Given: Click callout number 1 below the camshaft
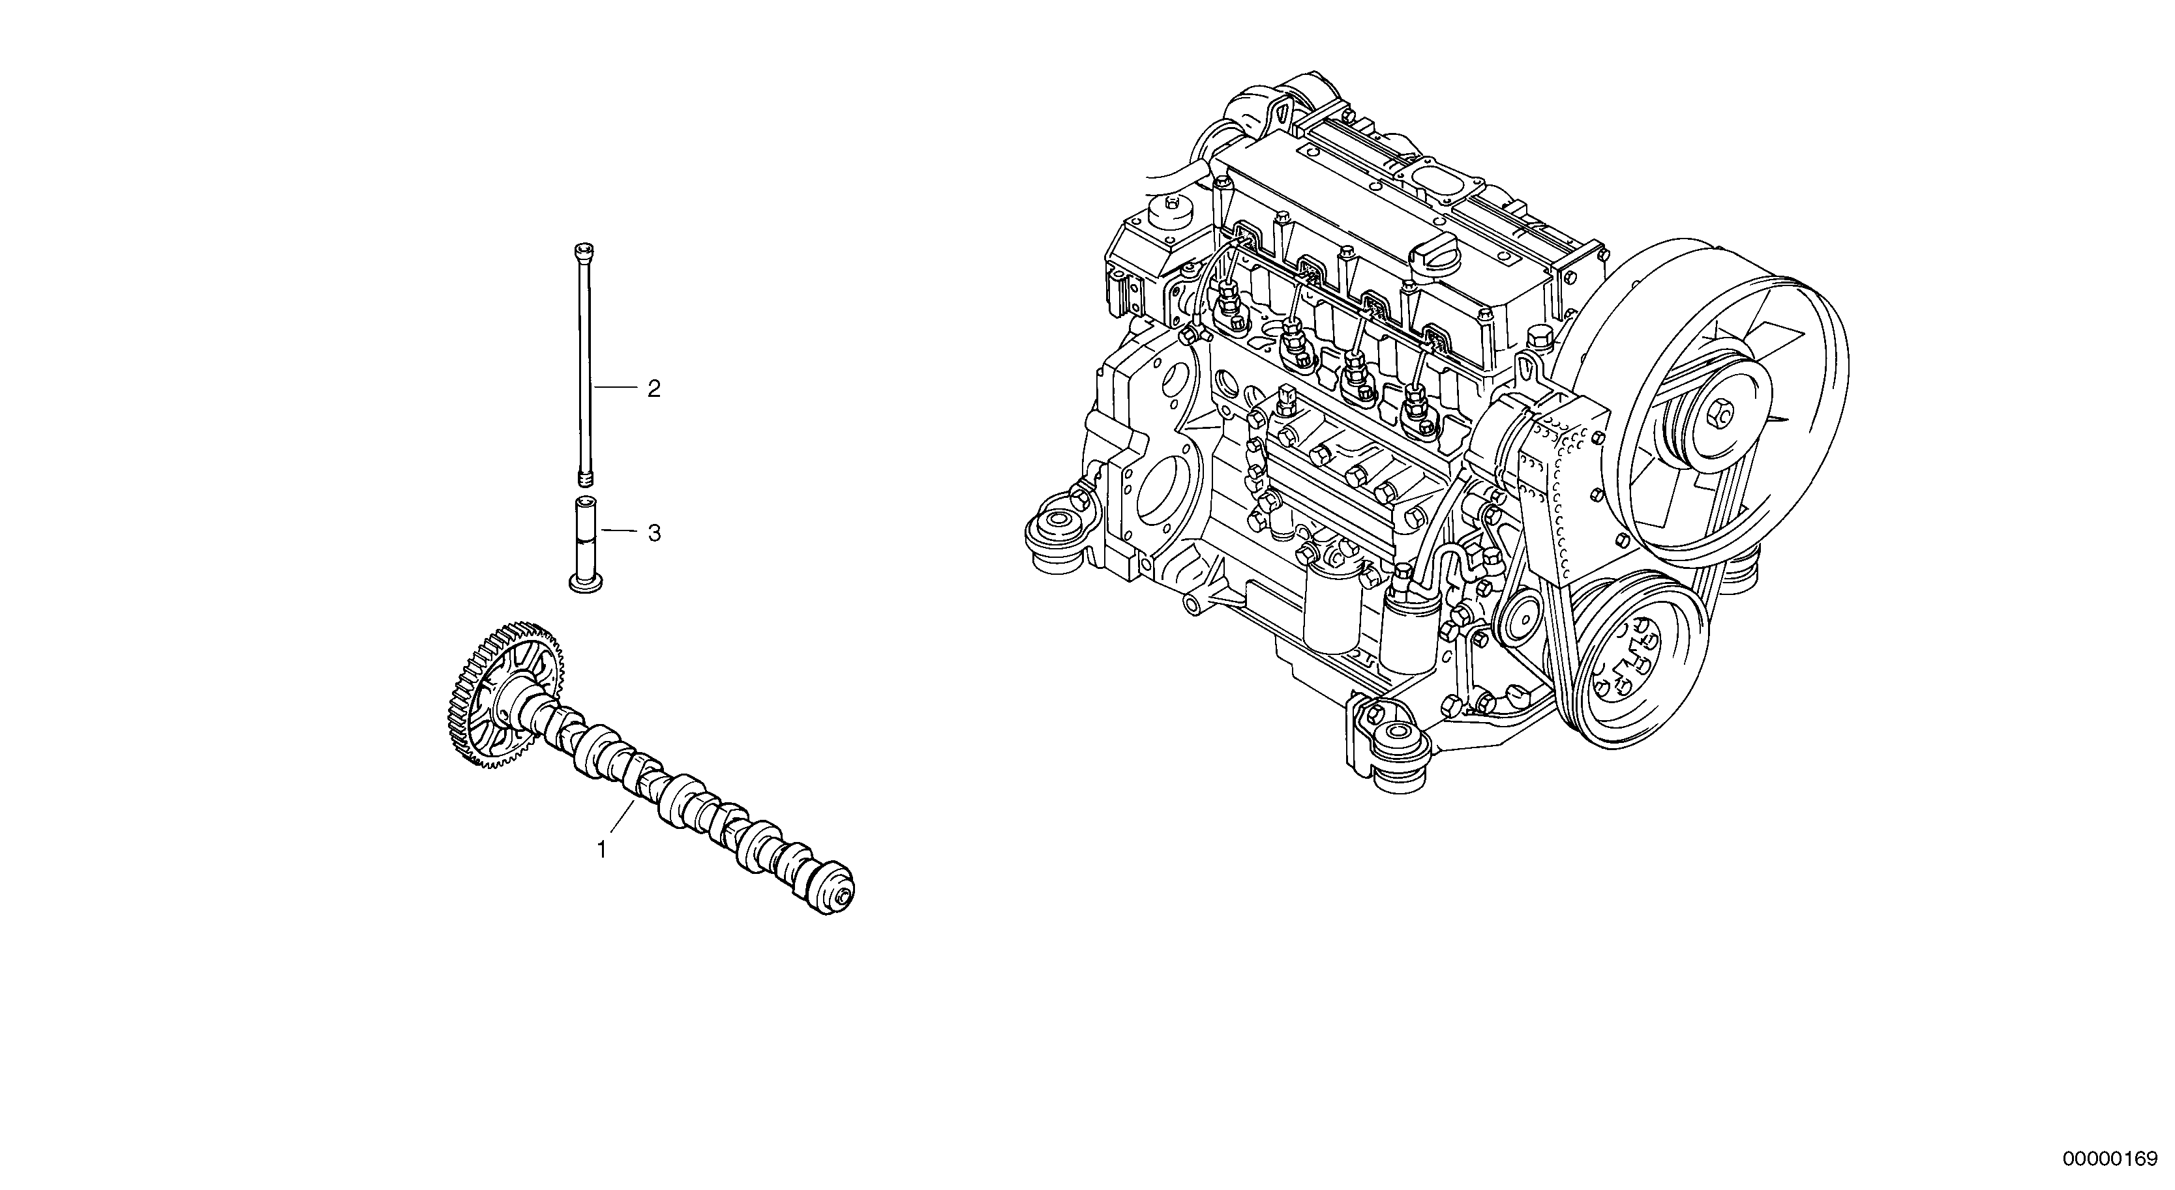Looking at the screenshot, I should click(602, 850).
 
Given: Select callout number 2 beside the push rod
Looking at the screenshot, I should click(653, 389).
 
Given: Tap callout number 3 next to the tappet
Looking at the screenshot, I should click(653, 533).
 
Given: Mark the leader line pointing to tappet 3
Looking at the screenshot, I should click(619, 531).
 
